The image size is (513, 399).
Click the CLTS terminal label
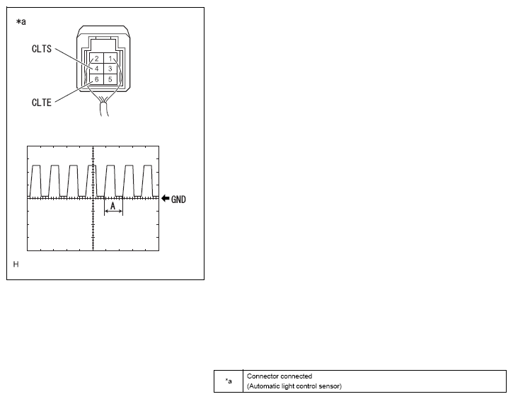[x=42, y=49]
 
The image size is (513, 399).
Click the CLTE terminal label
[x=42, y=103]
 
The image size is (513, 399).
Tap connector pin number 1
[x=110, y=59]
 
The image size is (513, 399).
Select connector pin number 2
[x=96, y=59]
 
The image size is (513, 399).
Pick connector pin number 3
[x=110, y=69]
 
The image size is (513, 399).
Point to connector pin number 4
[x=96, y=69]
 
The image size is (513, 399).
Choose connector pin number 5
[x=110, y=79]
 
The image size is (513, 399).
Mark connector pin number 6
[x=96, y=79]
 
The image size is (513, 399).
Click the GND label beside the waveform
[x=178, y=199]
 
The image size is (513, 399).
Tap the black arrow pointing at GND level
[x=165, y=199]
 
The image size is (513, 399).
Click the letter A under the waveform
[x=113, y=206]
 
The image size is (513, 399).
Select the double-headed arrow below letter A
[x=113, y=212]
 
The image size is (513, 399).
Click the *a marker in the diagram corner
[x=21, y=22]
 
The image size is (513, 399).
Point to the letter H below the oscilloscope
[x=16, y=265]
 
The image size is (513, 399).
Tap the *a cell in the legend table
[x=229, y=381]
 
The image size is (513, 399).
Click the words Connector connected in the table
[x=279, y=376]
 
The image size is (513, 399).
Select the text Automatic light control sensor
[x=294, y=386]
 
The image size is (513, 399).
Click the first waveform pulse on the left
[x=35, y=181]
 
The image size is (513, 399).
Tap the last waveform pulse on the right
[x=148, y=181]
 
